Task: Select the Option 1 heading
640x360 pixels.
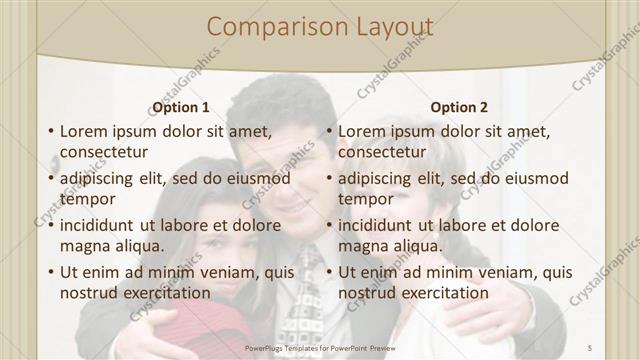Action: pyautogui.click(x=180, y=108)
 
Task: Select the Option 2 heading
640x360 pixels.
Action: pyautogui.click(x=459, y=108)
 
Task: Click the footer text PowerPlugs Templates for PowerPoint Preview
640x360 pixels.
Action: pyautogui.click(x=319, y=346)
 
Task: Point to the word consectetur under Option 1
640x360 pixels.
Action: pyautogui.click(x=104, y=153)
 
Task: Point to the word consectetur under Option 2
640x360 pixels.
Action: pyautogui.click(x=383, y=153)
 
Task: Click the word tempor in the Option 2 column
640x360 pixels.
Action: pyautogui.click(x=366, y=199)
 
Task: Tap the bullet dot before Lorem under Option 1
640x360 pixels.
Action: pyautogui.click(x=51, y=131)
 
